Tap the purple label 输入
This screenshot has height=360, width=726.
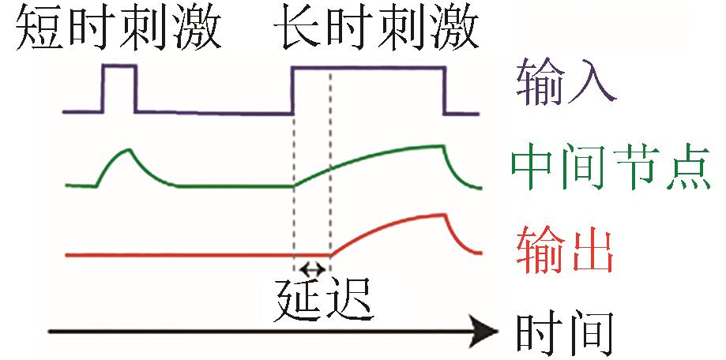[x=566, y=83]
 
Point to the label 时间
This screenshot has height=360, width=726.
[x=564, y=332]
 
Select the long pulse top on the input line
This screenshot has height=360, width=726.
[x=367, y=68]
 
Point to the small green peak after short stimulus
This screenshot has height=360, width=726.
[x=127, y=149]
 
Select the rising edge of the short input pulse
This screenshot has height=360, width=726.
[x=105, y=90]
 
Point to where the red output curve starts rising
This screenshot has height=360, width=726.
[x=330, y=254]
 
